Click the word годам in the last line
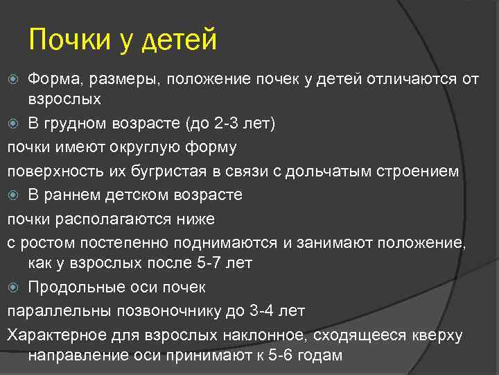[x=319, y=355]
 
